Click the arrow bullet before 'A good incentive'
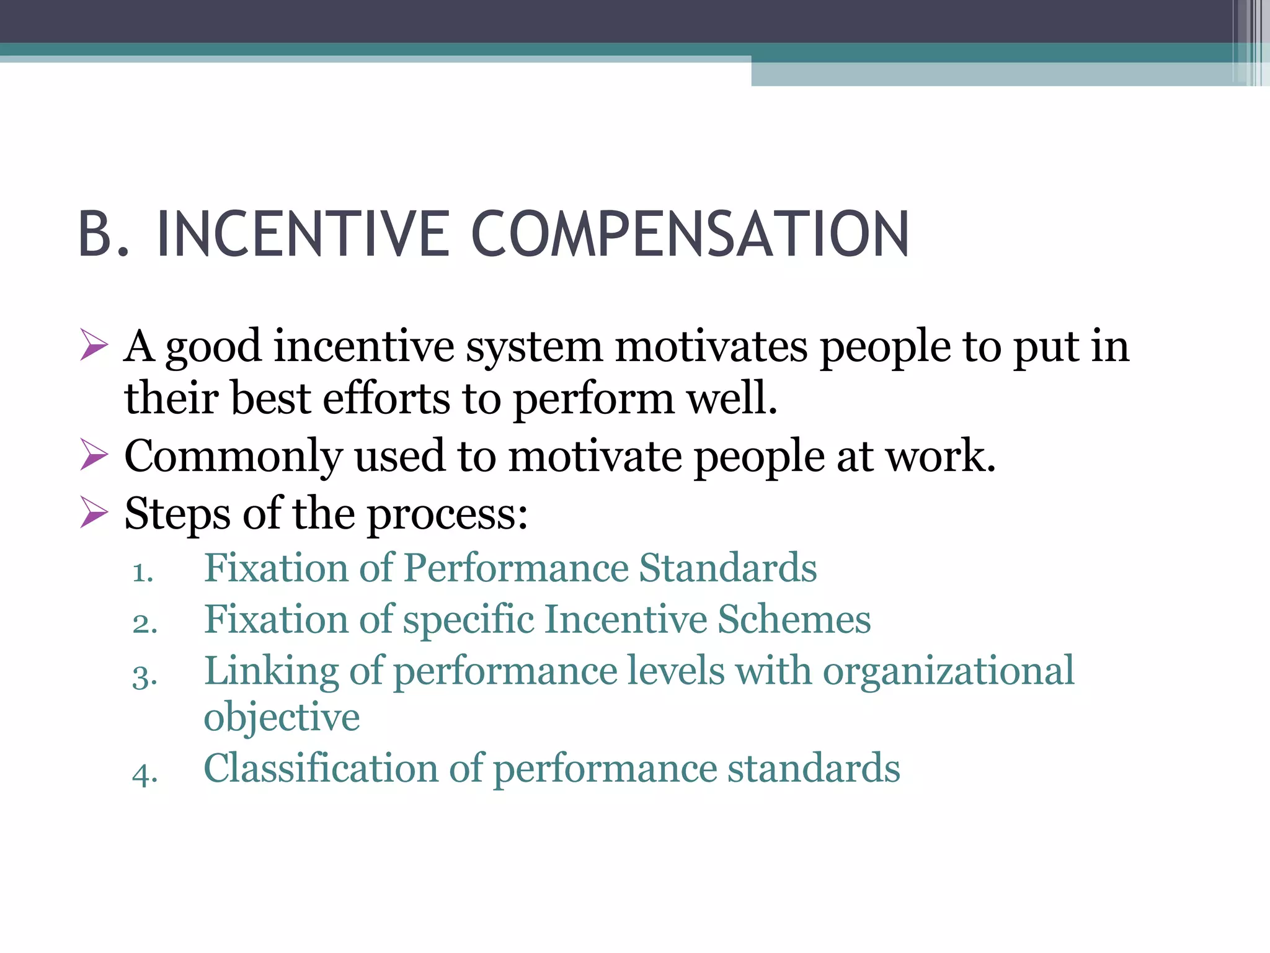coord(94,346)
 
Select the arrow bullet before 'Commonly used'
coord(94,455)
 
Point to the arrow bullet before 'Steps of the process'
coord(94,514)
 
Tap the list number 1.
coord(143,572)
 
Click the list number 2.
coord(144,624)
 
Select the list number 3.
coord(144,676)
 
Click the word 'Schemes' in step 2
coord(794,619)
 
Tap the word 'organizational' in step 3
coord(948,671)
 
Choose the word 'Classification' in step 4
coord(321,768)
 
